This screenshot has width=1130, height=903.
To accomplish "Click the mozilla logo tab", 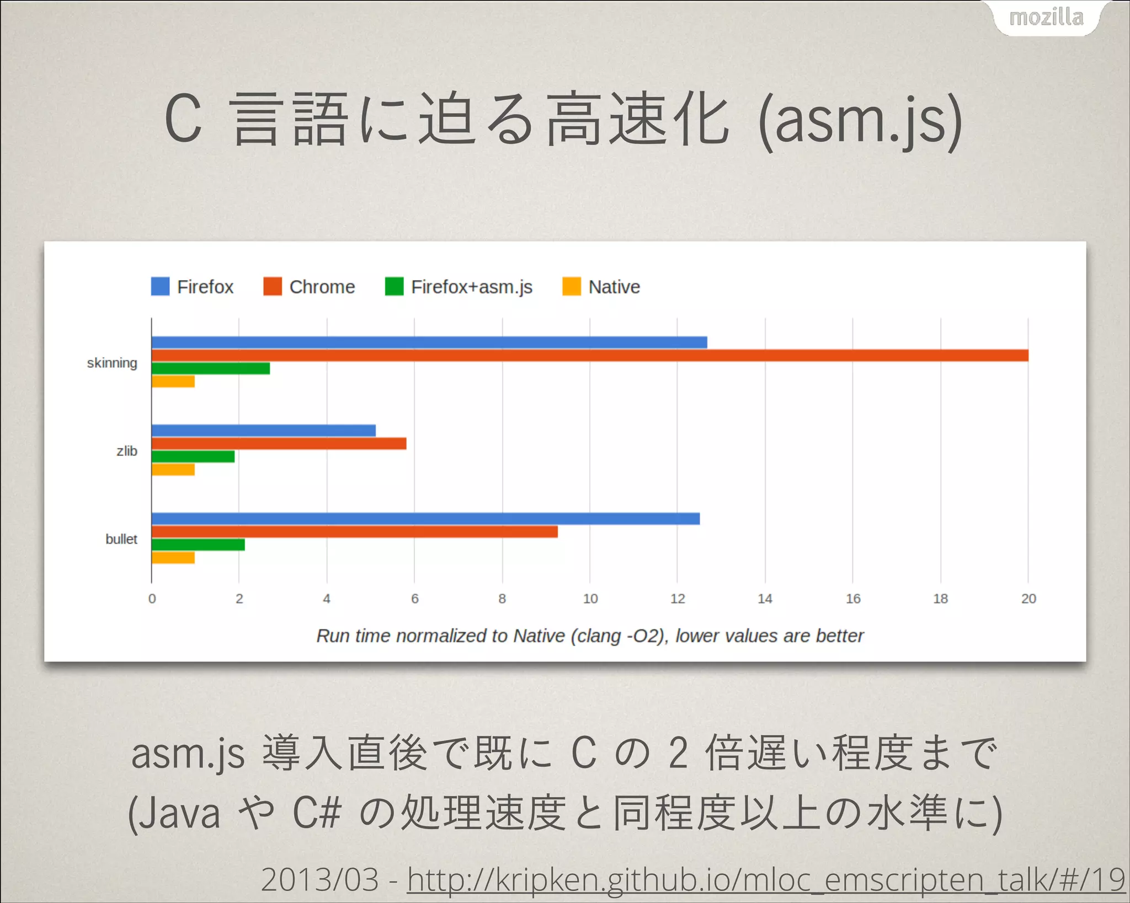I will click(1046, 18).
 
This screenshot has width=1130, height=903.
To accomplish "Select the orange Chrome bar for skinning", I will click(589, 356).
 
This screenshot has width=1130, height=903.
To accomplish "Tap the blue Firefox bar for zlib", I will click(263, 431).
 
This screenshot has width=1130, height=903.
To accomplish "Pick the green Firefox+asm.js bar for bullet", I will click(198, 545).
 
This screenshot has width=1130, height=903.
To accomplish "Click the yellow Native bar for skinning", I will click(173, 381).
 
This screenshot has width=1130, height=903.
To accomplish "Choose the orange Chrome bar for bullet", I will click(354, 531).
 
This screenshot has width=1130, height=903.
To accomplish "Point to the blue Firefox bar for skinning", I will click(429, 342).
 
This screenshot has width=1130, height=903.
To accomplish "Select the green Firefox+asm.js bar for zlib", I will click(193, 456).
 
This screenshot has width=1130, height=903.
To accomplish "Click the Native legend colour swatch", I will click(572, 287).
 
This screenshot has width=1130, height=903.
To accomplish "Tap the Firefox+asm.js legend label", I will click(472, 287).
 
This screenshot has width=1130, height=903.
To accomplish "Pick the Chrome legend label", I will click(322, 287).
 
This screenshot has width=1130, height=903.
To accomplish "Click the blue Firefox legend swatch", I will click(160, 287).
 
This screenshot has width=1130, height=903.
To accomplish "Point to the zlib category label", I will click(127, 451).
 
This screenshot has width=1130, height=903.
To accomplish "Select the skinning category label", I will click(112, 363).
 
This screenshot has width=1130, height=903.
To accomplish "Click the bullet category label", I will click(121, 539).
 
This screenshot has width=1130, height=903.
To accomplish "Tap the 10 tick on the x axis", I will click(590, 599).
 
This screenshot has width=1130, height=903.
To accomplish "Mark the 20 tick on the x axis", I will click(1028, 599).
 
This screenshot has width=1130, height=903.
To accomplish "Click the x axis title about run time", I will click(589, 636).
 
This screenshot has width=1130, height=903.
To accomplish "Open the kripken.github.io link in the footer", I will click(766, 880).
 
